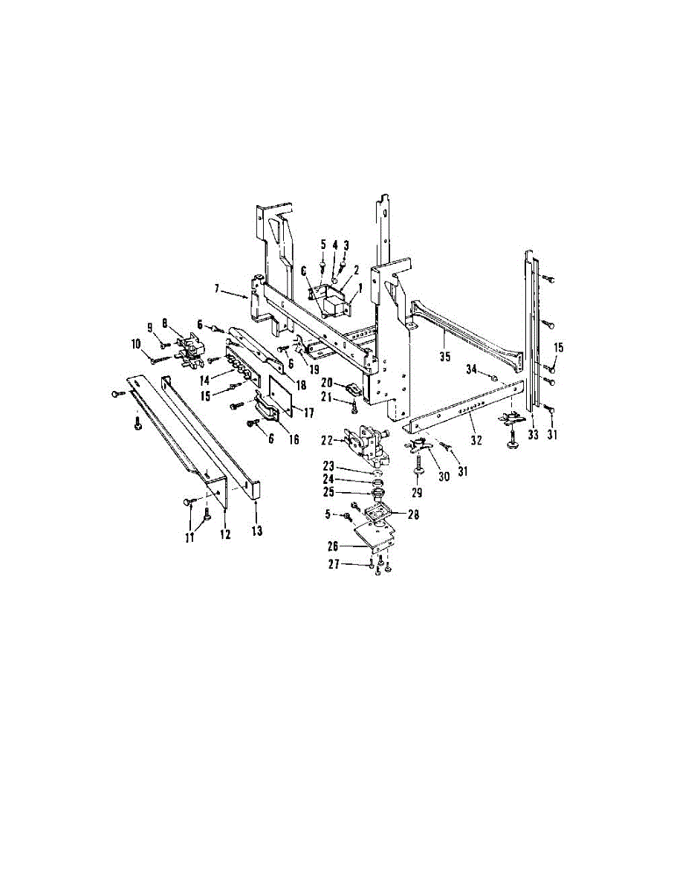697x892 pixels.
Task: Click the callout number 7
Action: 217,288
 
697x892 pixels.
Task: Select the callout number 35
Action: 445,356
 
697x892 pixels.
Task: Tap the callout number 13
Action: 256,531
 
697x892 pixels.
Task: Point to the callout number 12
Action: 225,533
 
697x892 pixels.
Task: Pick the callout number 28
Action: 413,514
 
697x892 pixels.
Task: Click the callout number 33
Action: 533,435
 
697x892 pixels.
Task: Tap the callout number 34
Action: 471,370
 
